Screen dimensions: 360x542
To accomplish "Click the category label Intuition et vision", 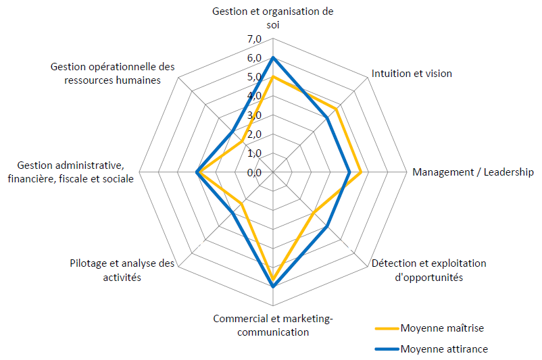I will (x=412, y=74).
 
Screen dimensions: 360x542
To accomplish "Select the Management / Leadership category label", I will (x=473, y=172).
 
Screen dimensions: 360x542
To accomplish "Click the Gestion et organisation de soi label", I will (x=272, y=18).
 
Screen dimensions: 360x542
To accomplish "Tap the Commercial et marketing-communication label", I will (x=273, y=325).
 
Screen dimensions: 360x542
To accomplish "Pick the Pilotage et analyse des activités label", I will (x=122, y=270).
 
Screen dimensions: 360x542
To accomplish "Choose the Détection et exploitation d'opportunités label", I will (x=428, y=270).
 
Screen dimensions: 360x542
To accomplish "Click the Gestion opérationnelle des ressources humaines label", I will (x=113, y=73).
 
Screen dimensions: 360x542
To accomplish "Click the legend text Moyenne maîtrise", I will (x=442, y=328).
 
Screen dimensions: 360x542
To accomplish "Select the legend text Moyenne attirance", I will (x=444, y=349).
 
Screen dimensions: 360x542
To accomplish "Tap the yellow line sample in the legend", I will (x=387, y=329).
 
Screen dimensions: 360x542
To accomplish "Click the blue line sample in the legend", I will (x=387, y=350).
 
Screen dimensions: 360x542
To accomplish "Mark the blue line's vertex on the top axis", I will (x=272, y=58).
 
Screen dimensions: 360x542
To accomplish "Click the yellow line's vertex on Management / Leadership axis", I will (x=362, y=173).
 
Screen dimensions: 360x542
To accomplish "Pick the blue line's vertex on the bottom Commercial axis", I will (x=272, y=287).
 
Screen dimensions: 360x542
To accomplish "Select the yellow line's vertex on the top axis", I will (x=272, y=77).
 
